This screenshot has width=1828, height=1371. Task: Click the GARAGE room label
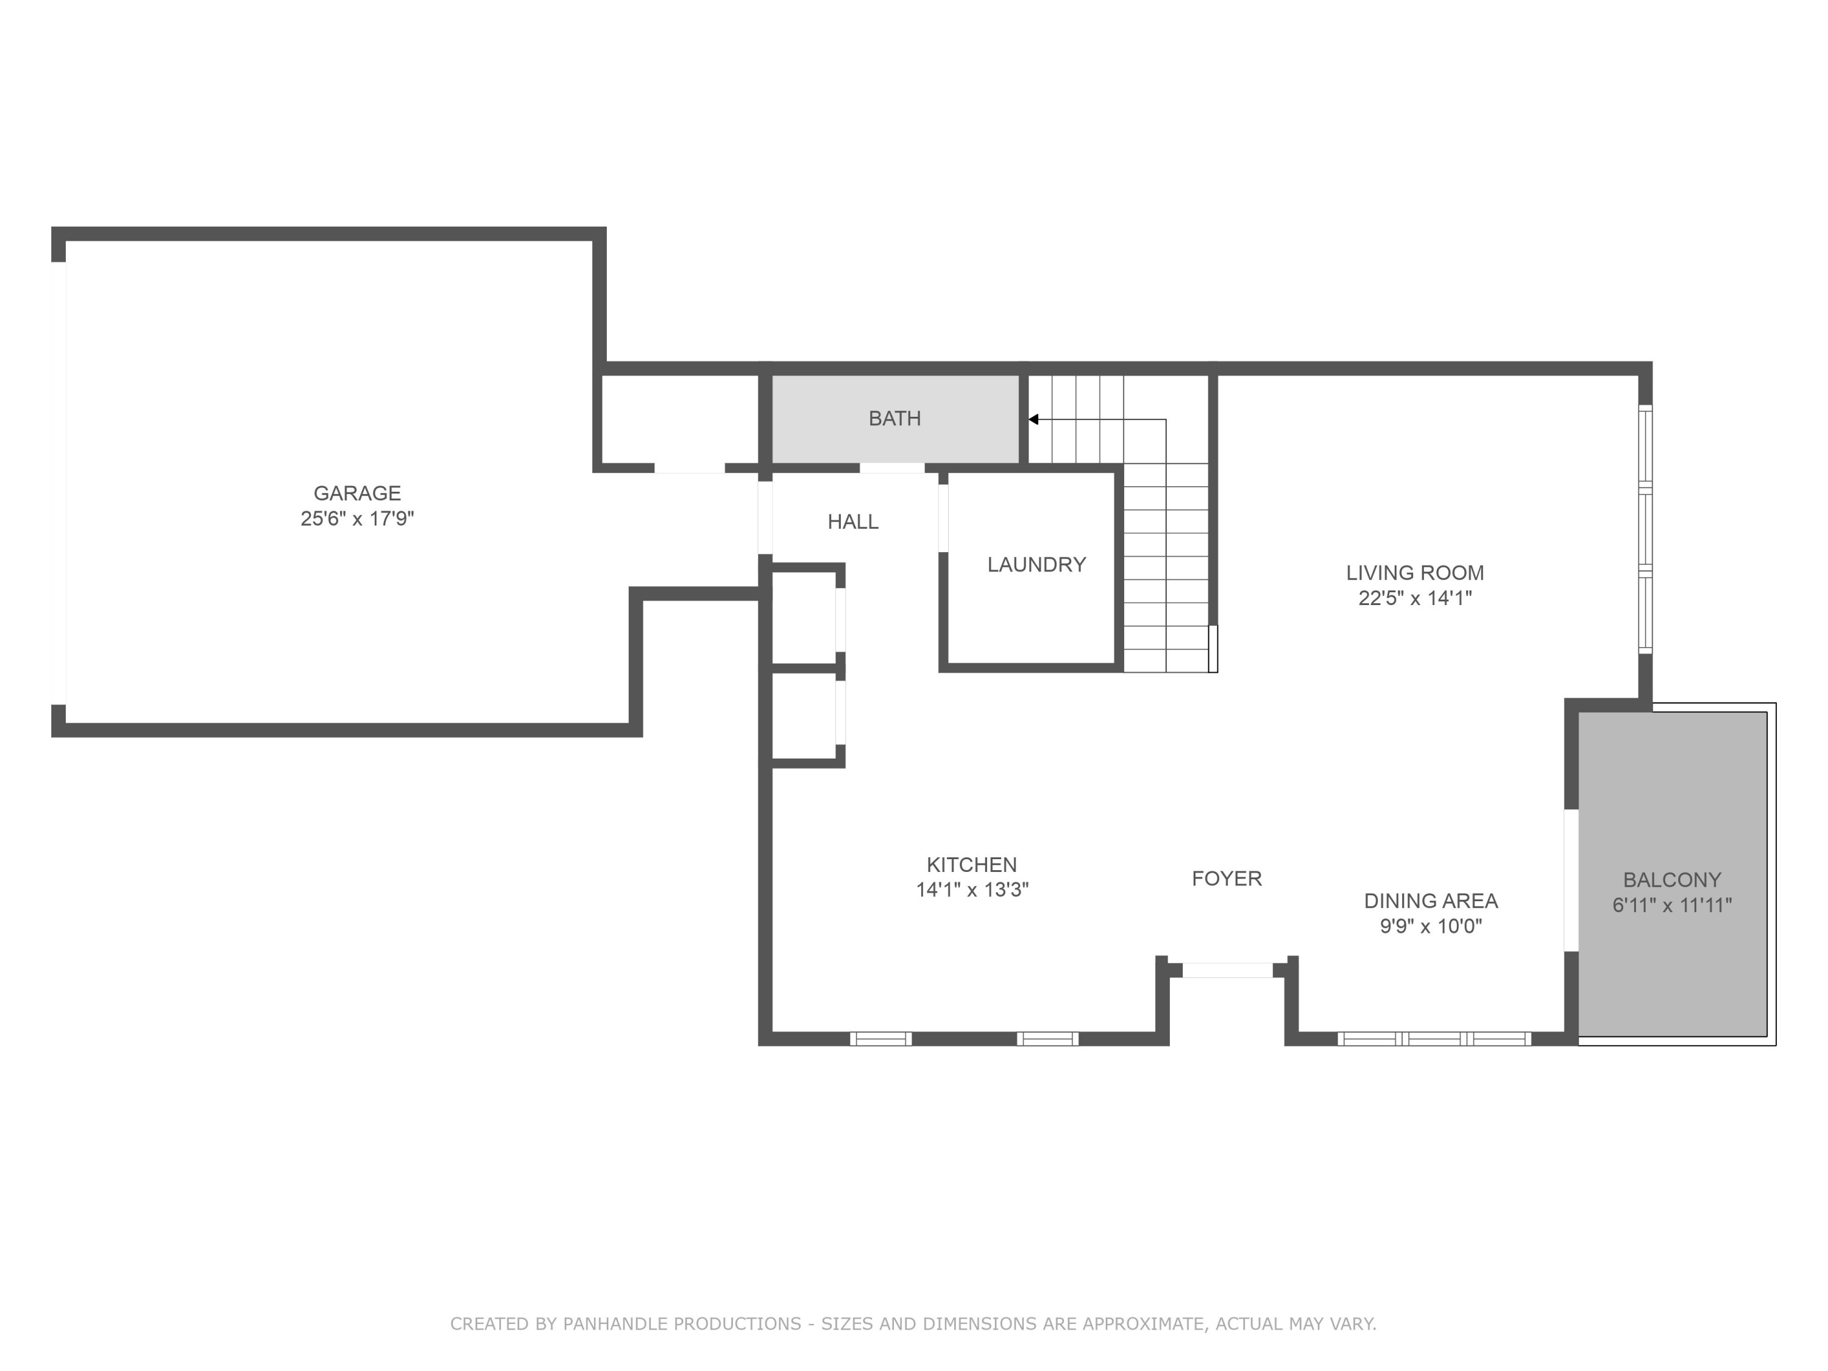click(357, 494)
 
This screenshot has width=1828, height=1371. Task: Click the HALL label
click(853, 522)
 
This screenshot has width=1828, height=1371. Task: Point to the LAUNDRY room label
click(1036, 564)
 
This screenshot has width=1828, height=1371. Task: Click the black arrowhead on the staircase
click(1033, 420)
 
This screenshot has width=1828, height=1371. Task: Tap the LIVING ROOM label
click(1415, 573)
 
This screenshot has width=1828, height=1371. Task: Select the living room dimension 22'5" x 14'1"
click(1415, 598)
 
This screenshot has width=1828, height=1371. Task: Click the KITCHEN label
click(972, 865)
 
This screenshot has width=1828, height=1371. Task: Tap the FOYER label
click(1227, 879)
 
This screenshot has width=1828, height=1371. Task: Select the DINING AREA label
click(1431, 901)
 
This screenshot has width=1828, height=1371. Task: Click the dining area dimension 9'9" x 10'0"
click(1431, 926)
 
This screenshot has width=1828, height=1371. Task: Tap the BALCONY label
click(1672, 880)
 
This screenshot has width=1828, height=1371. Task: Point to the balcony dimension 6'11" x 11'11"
click(1672, 905)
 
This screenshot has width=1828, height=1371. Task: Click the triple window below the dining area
click(1434, 1039)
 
